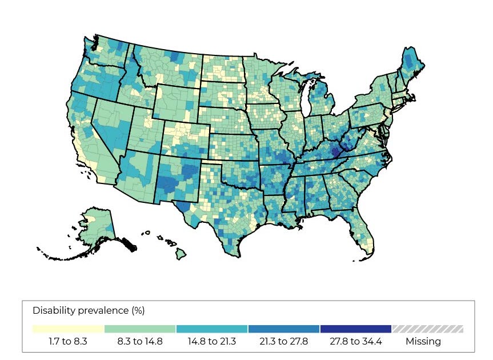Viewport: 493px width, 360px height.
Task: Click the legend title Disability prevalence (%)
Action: click(x=89, y=311)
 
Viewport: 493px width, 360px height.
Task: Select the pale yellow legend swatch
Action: click(x=69, y=329)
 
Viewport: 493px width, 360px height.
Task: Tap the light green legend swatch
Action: click(x=140, y=329)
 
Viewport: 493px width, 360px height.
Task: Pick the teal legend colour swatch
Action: click(x=212, y=329)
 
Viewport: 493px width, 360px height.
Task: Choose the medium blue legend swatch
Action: click(x=284, y=329)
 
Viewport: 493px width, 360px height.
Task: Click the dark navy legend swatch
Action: click(x=355, y=329)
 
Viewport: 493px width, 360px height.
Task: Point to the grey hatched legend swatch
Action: click(x=427, y=329)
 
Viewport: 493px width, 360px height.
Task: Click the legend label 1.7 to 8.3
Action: click(x=69, y=342)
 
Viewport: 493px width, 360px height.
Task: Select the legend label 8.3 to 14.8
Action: click(x=140, y=342)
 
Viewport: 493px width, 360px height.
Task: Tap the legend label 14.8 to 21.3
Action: click(x=212, y=342)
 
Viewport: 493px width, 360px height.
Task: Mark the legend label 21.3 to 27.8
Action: click(x=284, y=342)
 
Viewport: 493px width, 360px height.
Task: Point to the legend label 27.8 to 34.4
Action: click(x=355, y=342)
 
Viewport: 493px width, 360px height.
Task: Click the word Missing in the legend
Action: click(x=423, y=342)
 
